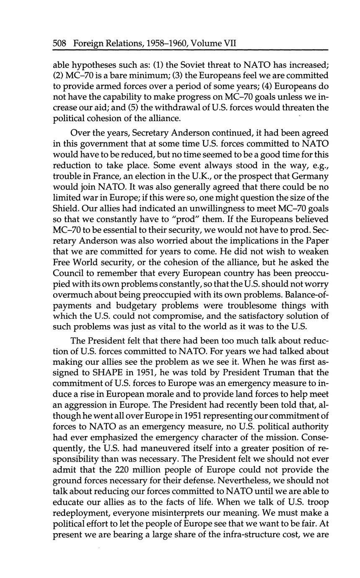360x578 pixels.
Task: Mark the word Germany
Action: click(x=308, y=176)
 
